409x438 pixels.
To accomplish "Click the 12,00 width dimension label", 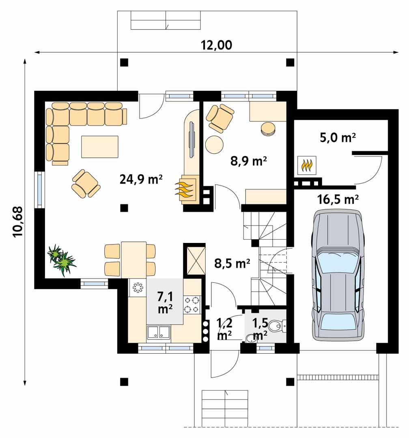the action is pos(216,45).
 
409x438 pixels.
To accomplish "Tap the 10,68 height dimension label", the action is pos(18,222).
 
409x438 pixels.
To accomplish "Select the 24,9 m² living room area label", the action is pos(141,179).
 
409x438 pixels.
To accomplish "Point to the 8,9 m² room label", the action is pos(249,161).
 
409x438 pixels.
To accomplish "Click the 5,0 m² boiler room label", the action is pos(338,138).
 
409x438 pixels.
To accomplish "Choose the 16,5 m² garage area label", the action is pos(338,200).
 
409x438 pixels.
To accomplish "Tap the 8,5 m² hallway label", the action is pos(232,264).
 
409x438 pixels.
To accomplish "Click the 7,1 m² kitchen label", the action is pos(165,303).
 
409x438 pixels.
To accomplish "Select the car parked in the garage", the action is pos(338,275).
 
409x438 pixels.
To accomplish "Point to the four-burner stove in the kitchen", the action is pos(192,305).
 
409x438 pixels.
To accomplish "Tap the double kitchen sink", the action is pos(159,333).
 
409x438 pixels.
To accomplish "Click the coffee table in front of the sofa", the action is pos(100,147).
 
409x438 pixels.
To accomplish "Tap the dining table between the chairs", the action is pos(133,260).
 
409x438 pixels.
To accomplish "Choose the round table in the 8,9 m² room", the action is pos(214,144).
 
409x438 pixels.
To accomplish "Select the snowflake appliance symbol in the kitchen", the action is pos(138,288).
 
